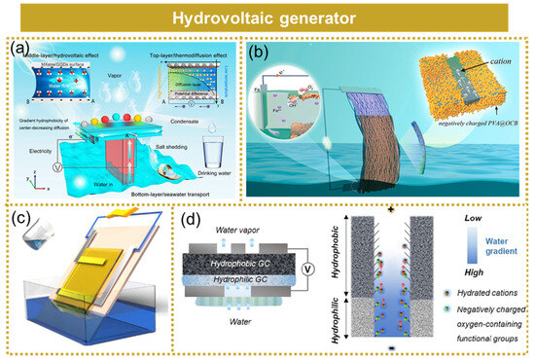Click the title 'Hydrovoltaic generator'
point(267,18)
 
